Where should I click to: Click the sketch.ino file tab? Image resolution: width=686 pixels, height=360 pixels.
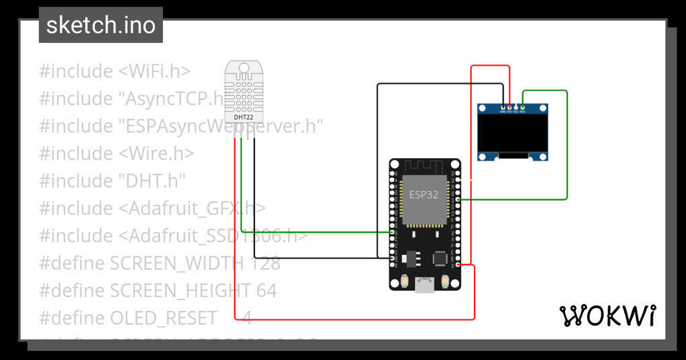(101, 26)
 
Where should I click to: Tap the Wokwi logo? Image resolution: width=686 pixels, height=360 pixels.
(607, 315)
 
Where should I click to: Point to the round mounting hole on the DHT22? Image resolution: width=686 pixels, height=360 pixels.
(244, 66)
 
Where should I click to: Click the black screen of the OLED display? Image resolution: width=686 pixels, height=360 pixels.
(512, 132)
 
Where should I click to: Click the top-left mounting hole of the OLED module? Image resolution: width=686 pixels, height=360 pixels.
(483, 108)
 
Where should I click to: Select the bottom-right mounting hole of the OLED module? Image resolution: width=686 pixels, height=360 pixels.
(541, 156)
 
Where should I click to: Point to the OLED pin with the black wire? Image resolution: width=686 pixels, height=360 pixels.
(503, 107)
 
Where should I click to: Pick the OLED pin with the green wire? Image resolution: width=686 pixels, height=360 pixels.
(522, 107)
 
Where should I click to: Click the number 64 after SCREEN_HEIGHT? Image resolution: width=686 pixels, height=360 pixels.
(267, 291)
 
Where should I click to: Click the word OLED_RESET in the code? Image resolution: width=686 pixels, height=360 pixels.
(164, 318)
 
